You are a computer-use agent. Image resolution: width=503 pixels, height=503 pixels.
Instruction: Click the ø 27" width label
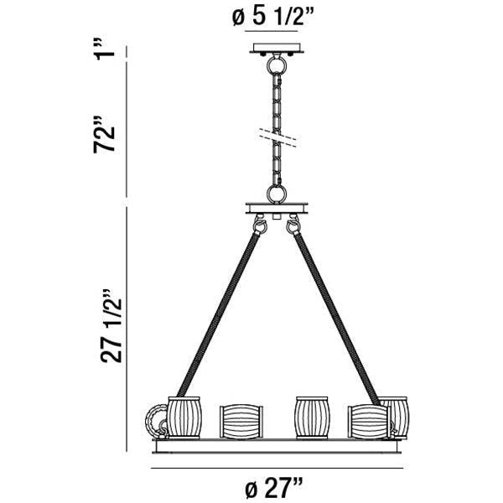274,485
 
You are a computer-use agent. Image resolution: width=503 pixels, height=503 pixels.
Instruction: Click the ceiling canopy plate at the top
275,48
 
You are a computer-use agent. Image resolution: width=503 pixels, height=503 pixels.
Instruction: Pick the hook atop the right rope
293,226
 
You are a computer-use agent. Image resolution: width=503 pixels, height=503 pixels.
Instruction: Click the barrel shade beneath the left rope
184,417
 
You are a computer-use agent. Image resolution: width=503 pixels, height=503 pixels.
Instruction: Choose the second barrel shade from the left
241,421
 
